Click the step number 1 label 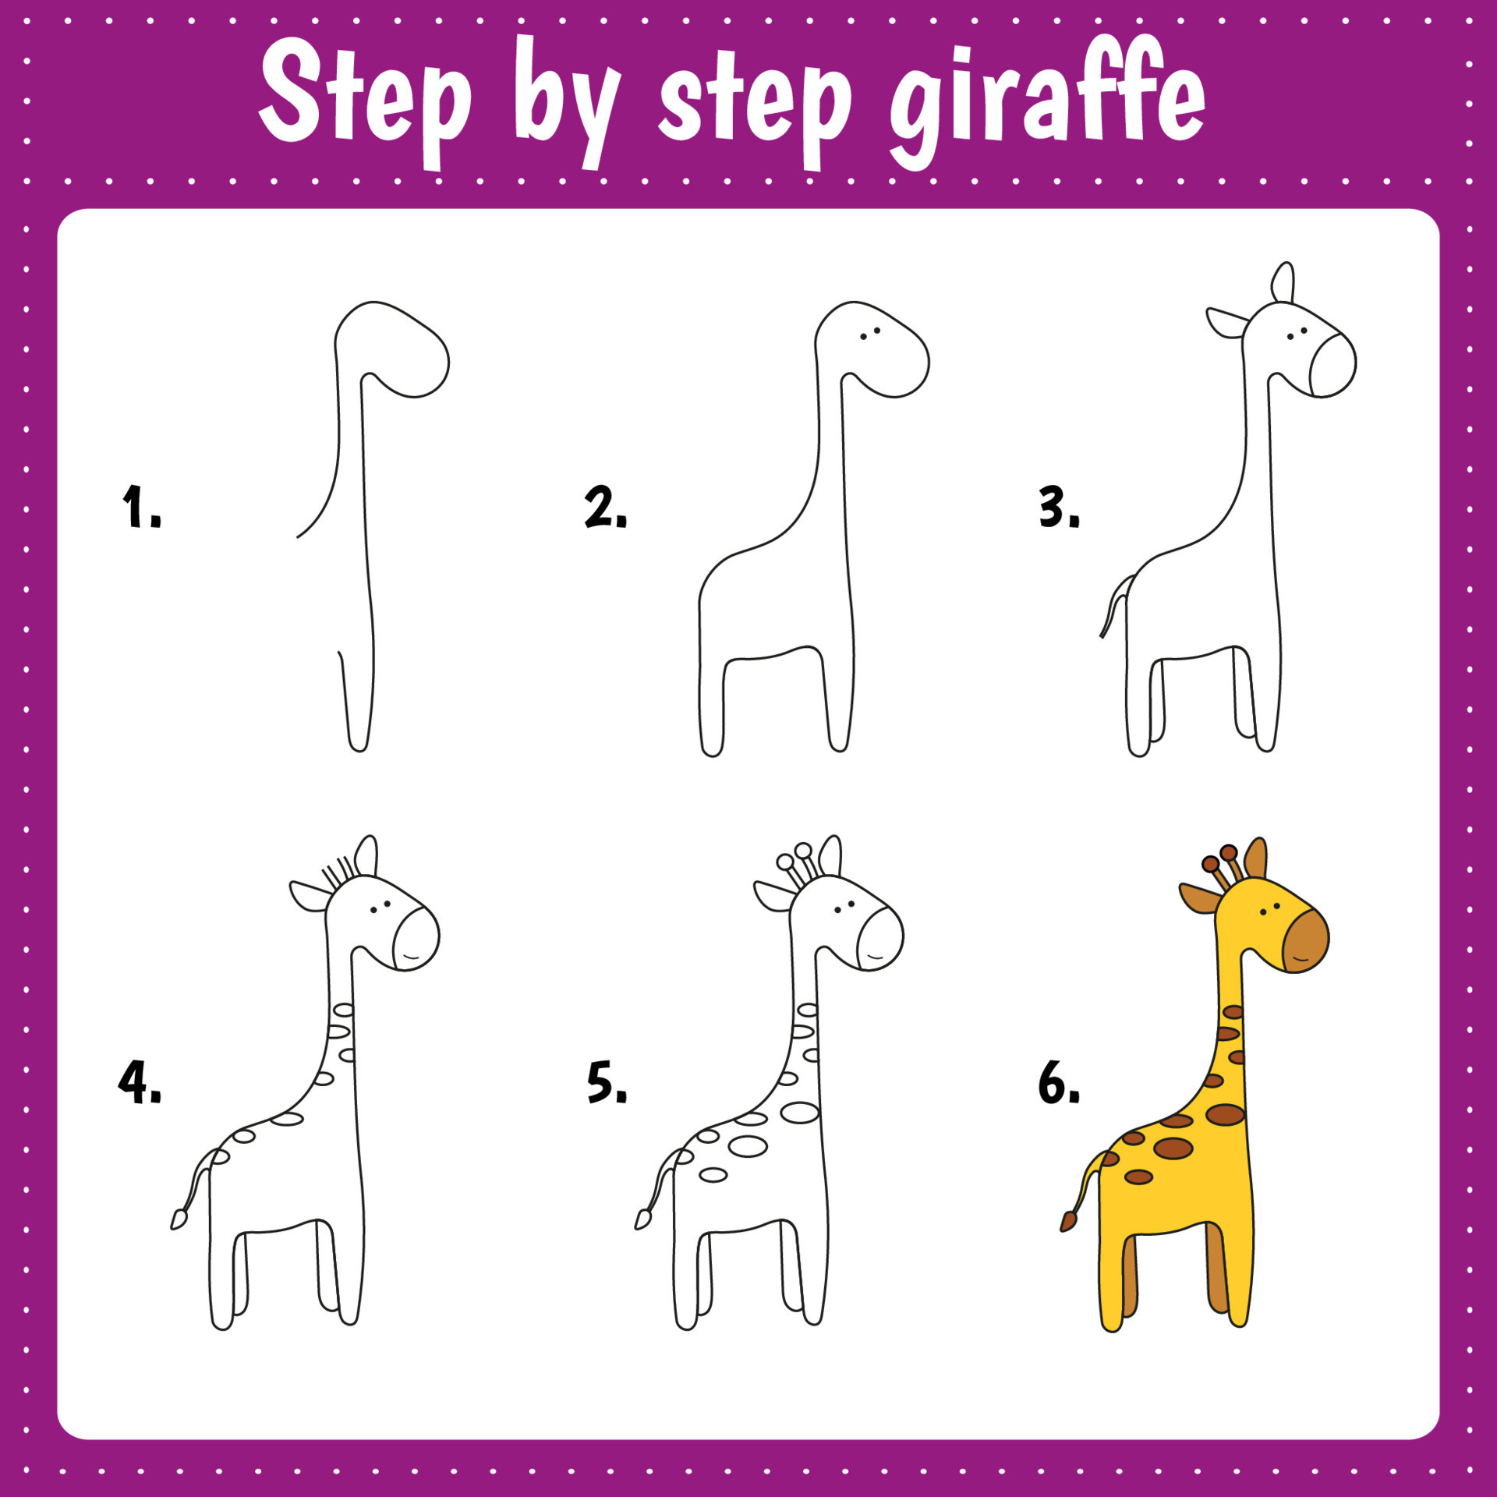(140, 507)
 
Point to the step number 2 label (605, 507)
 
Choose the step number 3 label (1059, 507)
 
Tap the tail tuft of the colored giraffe (1068, 1221)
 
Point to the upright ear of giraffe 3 (1283, 282)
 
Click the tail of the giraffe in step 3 (1113, 608)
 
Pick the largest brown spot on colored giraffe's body (1173, 1148)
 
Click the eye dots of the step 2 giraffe (870, 334)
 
